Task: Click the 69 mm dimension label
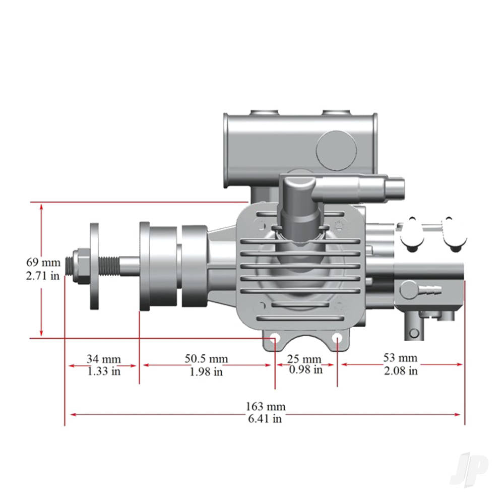coord(43,262)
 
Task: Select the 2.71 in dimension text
coord(43,276)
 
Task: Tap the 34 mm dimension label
coord(103,359)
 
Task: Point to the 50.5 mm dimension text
coord(206,359)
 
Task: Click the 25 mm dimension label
coord(304,359)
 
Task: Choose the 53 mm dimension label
coord(400,358)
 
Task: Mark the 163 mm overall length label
coord(266,406)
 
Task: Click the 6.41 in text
coord(266,419)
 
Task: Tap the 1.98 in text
coord(206,372)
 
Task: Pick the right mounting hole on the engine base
coord(337,337)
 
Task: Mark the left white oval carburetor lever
coord(412,233)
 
